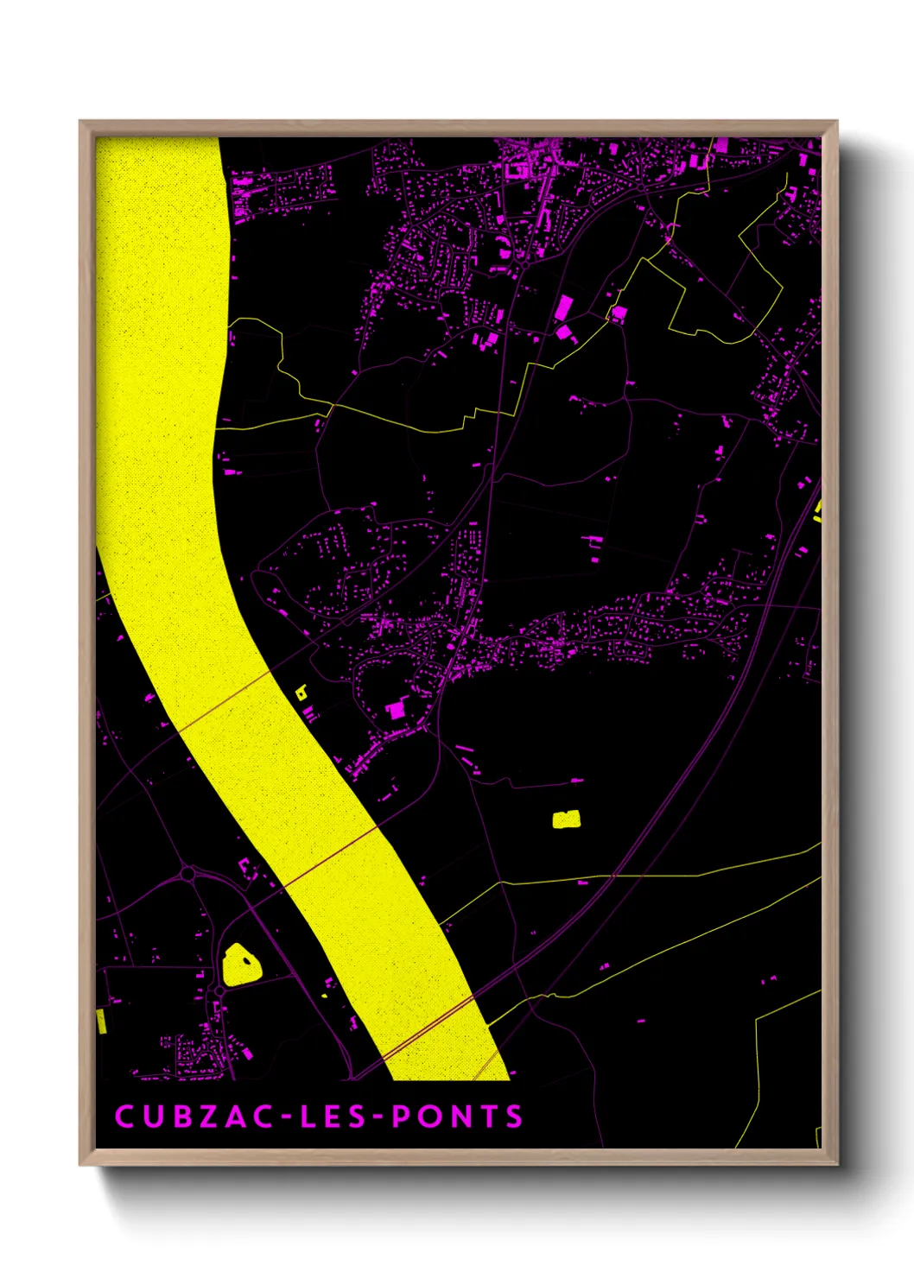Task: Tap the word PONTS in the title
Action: point(458,1117)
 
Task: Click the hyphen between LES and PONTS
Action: point(378,1117)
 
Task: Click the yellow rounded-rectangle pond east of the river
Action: point(566,819)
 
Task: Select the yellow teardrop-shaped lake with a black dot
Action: point(241,965)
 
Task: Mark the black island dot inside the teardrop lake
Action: point(247,958)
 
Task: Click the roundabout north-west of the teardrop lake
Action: point(187,875)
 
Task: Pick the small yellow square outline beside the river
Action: point(301,692)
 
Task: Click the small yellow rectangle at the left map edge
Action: point(101,1021)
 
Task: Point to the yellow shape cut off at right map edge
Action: point(817,512)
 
